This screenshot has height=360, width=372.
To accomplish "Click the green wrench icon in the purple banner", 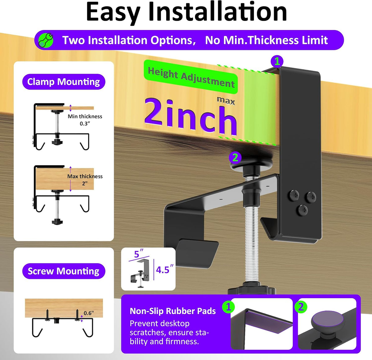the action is coord(46,40).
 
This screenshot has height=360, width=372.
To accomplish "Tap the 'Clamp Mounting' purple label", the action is coord(64,82).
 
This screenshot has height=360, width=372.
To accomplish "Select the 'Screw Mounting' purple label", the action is coord(64,271).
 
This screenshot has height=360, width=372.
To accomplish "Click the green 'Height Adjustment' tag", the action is coord(191,77).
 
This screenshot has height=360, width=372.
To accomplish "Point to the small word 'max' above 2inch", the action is coord(226,101).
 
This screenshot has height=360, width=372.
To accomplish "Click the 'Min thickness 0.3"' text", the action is coord(85,120).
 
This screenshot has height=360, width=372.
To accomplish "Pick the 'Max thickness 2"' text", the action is coord(85,180).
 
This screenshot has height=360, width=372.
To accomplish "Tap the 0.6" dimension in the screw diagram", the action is coord(89,313).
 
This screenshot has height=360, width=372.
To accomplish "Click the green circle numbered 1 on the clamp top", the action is coord(277,61).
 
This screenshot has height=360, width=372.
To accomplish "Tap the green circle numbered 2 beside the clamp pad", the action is coord(235,158).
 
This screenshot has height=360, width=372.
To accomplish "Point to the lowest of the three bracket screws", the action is coord(303,210).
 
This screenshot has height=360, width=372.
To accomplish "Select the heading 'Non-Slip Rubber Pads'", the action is coord(173,311).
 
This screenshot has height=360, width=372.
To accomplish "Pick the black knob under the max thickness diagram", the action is coord(57,222).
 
